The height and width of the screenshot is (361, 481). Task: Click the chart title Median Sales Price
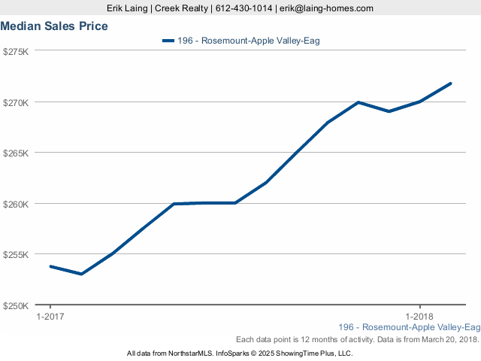(x=54, y=26)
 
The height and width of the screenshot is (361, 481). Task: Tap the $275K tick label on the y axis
(x=16, y=51)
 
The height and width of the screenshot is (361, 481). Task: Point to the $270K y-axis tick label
(x=16, y=102)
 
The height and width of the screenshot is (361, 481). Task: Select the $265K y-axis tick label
(x=16, y=153)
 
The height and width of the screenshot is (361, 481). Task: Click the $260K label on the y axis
(x=16, y=204)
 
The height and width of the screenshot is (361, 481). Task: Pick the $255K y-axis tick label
(x=16, y=255)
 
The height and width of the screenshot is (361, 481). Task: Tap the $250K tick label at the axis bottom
(x=16, y=306)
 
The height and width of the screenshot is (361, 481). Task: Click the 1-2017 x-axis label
(x=50, y=317)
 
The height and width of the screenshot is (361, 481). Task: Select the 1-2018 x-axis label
(x=420, y=317)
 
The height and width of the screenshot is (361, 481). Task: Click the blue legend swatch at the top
(x=168, y=41)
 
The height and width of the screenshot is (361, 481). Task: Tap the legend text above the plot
(x=249, y=41)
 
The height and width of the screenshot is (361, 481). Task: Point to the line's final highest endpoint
(x=451, y=83)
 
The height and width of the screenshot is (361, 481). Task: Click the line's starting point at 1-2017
(x=50, y=266)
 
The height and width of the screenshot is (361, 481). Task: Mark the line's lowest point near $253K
(x=81, y=274)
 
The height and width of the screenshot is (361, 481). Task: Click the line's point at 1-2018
(x=420, y=101)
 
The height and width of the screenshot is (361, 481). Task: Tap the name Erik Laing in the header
(x=129, y=8)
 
